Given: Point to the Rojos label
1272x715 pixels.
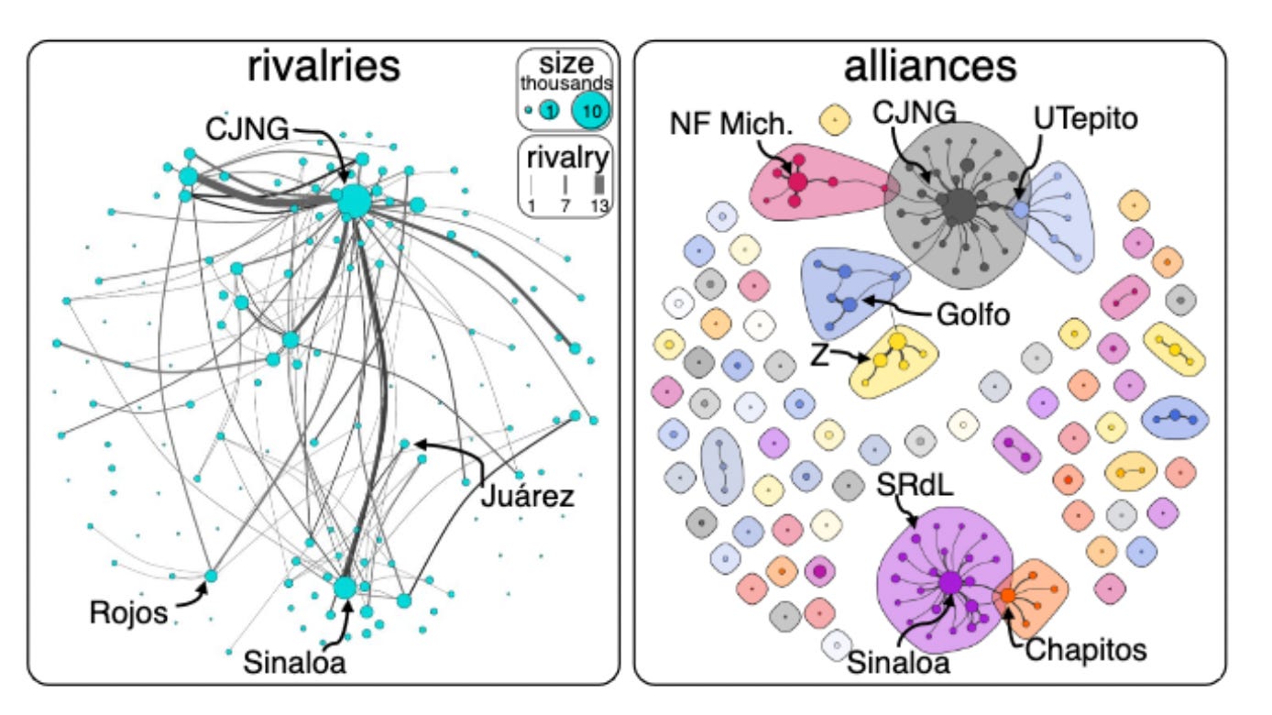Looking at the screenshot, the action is click(x=129, y=611).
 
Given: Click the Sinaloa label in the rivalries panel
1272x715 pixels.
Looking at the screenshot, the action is click(x=295, y=663).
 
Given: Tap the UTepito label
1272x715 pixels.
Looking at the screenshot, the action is click(x=1086, y=117).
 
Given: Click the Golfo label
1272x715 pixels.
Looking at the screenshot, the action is click(x=972, y=315).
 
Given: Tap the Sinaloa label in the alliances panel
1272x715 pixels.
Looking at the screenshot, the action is click(x=899, y=663).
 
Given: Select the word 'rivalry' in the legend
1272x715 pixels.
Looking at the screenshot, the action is click(x=566, y=159).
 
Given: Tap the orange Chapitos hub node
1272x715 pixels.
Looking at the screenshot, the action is click(x=1007, y=596).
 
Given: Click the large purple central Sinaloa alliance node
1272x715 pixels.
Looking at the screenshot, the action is click(x=949, y=582).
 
